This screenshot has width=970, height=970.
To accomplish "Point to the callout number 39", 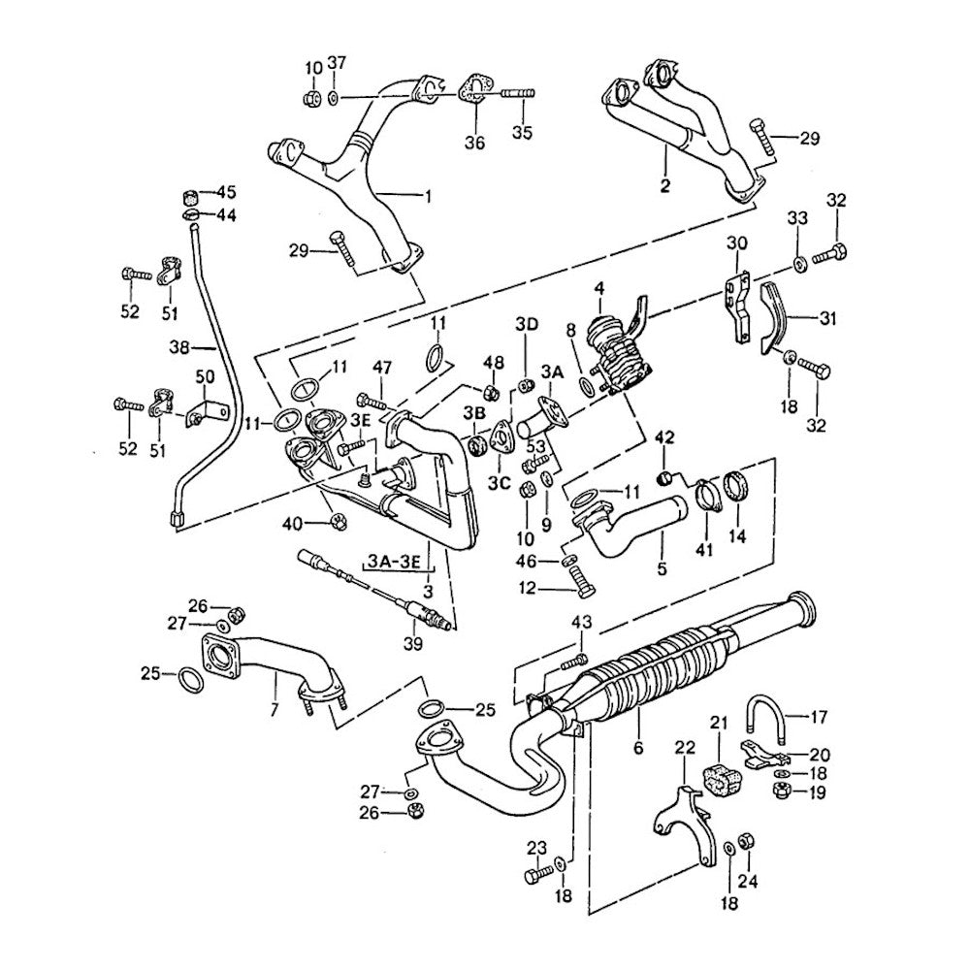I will [412, 644].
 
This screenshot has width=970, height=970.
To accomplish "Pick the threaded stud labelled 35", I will [518, 94].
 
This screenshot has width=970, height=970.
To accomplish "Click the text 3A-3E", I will [396, 560].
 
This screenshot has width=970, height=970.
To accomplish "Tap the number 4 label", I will [599, 288].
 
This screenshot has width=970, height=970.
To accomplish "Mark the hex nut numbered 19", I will [781, 792].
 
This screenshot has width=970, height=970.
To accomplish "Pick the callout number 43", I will [581, 622].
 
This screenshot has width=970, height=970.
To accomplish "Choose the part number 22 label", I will [686, 747].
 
